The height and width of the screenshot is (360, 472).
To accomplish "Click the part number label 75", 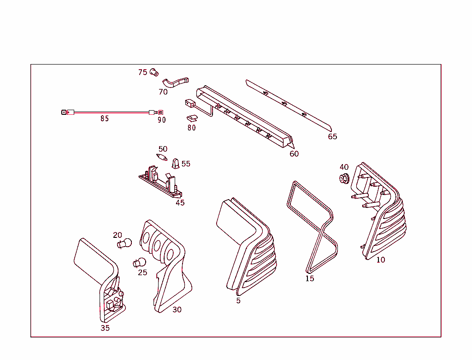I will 143,72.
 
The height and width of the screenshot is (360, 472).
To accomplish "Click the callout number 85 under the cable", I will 105,119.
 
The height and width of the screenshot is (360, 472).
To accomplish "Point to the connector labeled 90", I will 159,112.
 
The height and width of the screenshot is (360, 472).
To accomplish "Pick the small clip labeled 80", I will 192,118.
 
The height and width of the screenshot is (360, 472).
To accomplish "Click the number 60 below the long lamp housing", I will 294,154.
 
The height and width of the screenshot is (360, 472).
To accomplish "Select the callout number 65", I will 332,136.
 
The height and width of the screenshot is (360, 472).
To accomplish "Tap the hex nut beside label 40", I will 343,178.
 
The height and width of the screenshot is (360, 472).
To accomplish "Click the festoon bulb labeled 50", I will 162,158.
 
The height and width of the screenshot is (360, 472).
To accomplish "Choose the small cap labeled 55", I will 176,163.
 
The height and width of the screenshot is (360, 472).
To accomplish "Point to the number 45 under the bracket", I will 180,203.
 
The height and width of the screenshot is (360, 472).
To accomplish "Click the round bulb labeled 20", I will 125,243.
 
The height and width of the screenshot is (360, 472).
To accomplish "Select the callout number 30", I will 177,310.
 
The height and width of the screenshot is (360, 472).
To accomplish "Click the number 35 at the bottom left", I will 105,328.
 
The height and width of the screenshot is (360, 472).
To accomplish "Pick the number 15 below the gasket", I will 310,279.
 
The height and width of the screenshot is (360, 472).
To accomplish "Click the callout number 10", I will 380,260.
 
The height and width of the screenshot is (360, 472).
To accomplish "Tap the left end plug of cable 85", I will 64,112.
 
